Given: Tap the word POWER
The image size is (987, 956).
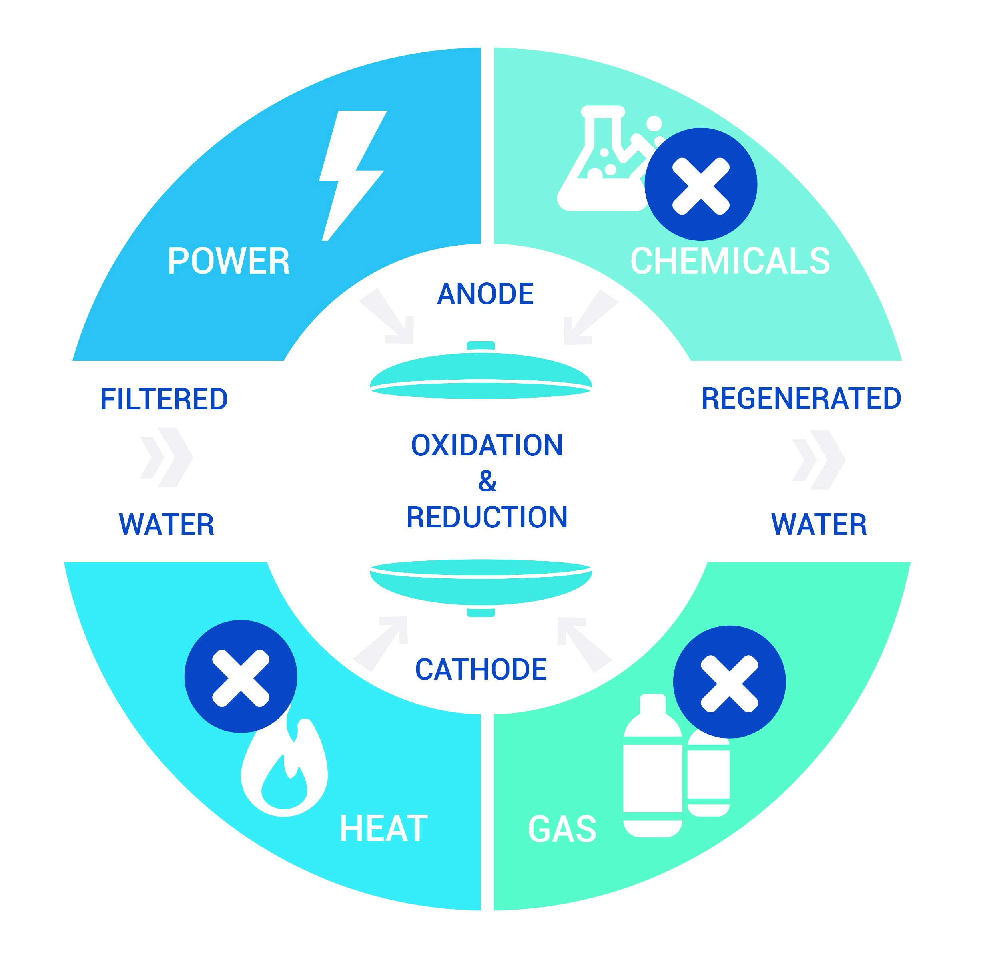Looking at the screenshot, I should (x=229, y=261).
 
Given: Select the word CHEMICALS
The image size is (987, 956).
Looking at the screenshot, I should (x=730, y=261).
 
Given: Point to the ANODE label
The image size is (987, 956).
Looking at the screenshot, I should (x=485, y=294).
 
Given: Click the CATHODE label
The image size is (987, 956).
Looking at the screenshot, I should (x=481, y=669).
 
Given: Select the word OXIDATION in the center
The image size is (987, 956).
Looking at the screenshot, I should (x=487, y=445).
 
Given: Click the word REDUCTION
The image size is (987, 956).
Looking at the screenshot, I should (x=487, y=517).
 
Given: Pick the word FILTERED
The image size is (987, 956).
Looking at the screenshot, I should (x=164, y=399).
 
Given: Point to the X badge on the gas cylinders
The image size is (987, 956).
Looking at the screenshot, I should (x=729, y=682).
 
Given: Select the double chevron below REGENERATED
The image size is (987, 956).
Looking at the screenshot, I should (x=819, y=460).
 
